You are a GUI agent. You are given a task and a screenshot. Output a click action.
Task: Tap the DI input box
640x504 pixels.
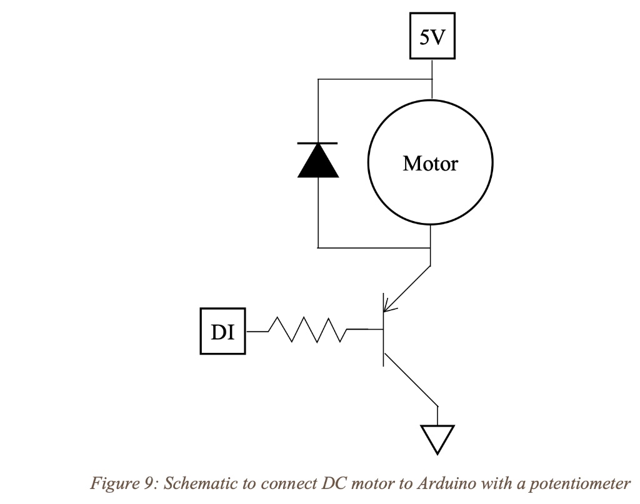click(222, 332)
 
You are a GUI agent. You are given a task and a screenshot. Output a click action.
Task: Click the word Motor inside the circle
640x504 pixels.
click(430, 164)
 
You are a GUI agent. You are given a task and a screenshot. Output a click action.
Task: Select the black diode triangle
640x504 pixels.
click(318, 162)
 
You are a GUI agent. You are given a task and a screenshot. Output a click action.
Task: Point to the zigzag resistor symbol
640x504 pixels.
click(307, 330)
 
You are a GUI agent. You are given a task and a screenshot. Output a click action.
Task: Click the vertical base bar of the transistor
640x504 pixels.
click(383, 329)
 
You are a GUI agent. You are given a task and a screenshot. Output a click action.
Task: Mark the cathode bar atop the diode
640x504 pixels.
click(318, 143)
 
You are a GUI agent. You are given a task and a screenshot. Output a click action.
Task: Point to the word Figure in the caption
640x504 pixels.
click(112, 483)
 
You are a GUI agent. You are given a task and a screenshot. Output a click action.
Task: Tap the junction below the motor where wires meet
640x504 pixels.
click(431, 248)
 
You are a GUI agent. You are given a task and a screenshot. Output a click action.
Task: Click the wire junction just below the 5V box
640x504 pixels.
click(432, 79)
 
